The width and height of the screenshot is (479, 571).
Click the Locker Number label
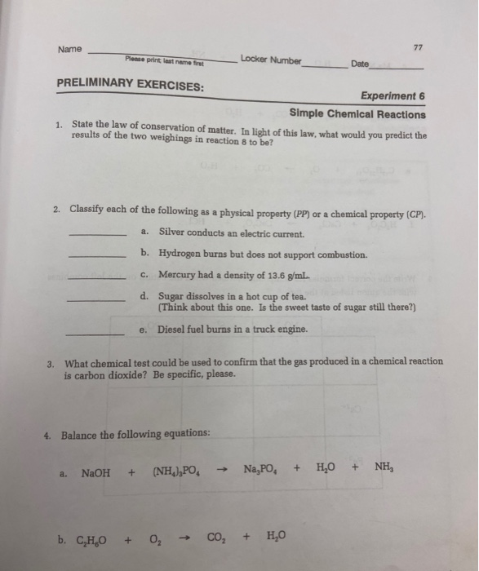(x=271, y=60)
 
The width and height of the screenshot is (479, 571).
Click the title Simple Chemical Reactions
(x=357, y=114)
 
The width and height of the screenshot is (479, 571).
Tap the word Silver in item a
(x=172, y=233)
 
